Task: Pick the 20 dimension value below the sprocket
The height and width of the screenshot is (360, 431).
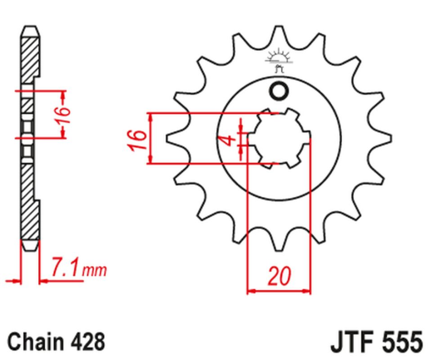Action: (x=279, y=274)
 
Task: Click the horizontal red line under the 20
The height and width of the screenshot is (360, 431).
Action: (x=279, y=290)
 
